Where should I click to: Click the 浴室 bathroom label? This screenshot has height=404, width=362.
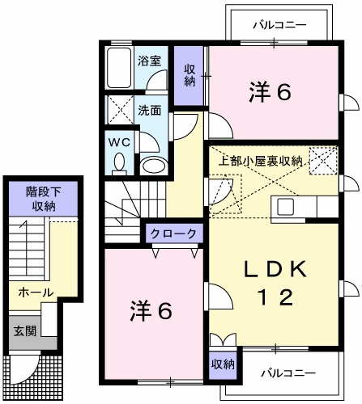point(147,60)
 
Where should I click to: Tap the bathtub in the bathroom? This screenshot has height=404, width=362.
point(120,68)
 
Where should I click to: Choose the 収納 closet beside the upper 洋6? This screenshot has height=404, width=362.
point(190,75)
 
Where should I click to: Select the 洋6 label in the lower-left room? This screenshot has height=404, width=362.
point(151,310)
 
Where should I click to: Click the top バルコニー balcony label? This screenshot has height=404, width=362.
point(279,24)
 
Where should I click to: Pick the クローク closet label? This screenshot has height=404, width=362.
point(173,233)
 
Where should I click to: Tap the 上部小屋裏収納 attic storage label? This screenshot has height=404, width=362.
point(262,160)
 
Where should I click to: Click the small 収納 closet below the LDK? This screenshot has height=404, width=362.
point(223,364)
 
